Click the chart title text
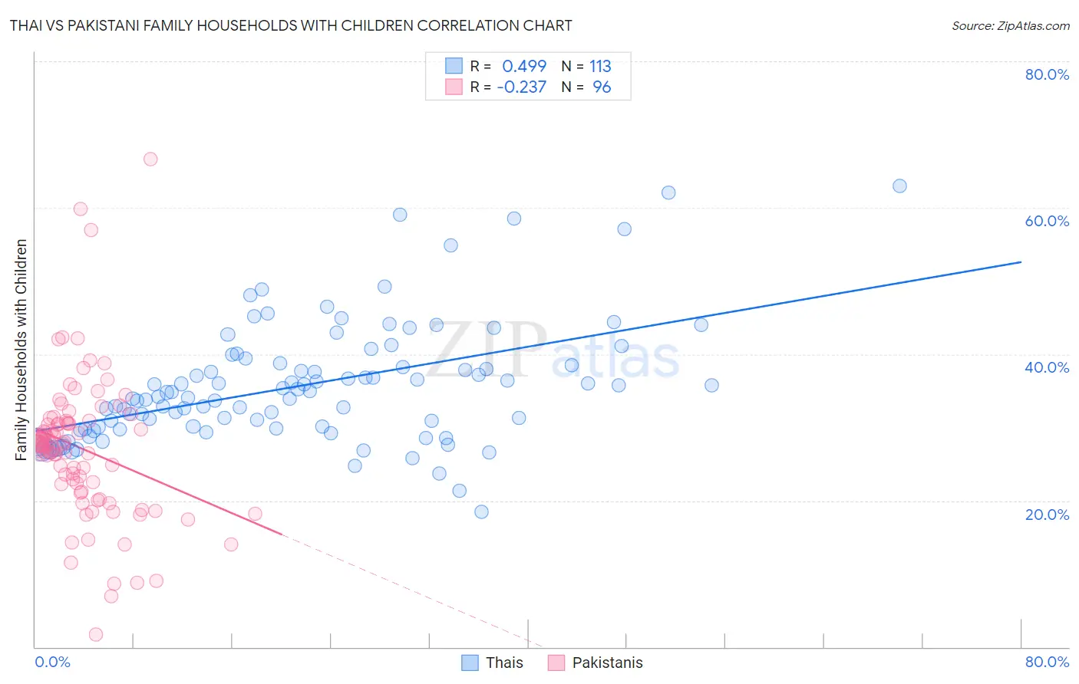point(291,25)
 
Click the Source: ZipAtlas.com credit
point(1010,25)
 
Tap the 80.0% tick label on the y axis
point(1047,74)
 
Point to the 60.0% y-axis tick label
point(1047,221)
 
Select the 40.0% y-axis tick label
point(1047,367)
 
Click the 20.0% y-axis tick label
point(1047,514)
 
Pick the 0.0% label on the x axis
point(52,662)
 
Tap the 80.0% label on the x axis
point(1047,662)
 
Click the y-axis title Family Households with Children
point(21,350)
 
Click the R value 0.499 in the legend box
point(524,66)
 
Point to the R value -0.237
point(522,87)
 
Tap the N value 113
point(600,66)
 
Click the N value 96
point(602,87)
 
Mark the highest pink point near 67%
point(150,159)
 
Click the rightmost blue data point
point(899,186)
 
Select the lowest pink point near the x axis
point(96,634)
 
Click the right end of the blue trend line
point(1021,262)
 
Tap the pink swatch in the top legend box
point(454,87)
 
